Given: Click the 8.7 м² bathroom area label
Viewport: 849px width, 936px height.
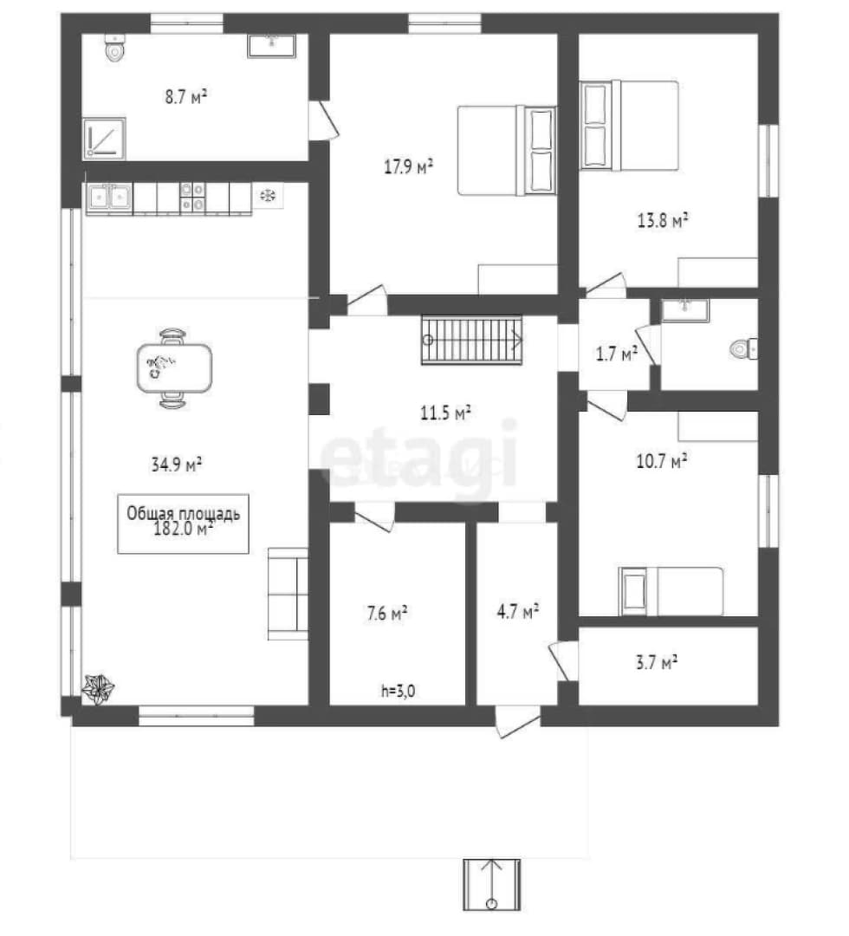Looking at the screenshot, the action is pyautogui.click(x=185, y=97).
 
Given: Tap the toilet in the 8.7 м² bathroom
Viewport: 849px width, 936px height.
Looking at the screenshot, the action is pyautogui.click(x=114, y=48).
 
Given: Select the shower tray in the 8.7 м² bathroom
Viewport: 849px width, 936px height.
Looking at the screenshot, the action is pyautogui.click(x=105, y=139).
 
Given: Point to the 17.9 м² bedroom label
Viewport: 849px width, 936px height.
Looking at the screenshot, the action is pyautogui.click(x=408, y=166).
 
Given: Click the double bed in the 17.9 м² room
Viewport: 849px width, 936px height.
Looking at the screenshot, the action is pyautogui.click(x=507, y=151).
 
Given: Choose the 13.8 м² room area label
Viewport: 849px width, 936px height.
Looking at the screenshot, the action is pyautogui.click(x=663, y=221).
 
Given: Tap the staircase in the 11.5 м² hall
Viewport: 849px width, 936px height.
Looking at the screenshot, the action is pyautogui.click(x=472, y=340).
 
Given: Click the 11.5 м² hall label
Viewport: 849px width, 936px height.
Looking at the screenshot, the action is pyautogui.click(x=445, y=413).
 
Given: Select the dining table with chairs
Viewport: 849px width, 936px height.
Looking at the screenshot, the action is pyautogui.click(x=173, y=368).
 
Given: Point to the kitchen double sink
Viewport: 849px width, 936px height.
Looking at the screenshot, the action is pyautogui.click(x=109, y=197).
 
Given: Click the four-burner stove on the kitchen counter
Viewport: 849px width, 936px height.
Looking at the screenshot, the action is pyautogui.click(x=192, y=197).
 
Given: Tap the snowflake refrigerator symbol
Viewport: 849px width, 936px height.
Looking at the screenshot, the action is pyautogui.click(x=268, y=195).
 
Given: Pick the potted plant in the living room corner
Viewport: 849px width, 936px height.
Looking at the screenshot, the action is pyautogui.click(x=99, y=687).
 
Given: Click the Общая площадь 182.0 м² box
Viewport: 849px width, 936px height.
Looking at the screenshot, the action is pyautogui.click(x=183, y=523).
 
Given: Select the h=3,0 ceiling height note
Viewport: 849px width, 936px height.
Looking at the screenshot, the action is pyautogui.click(x=398, y=692).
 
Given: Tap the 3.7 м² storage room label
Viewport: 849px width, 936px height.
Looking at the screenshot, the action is pyautogui.click(x=657, y=663).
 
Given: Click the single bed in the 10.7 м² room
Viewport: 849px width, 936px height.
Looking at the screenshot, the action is pyautogui.click(x=671, y=591).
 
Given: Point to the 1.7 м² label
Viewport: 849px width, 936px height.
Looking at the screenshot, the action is pyautogui.click(x=616, y=354).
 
